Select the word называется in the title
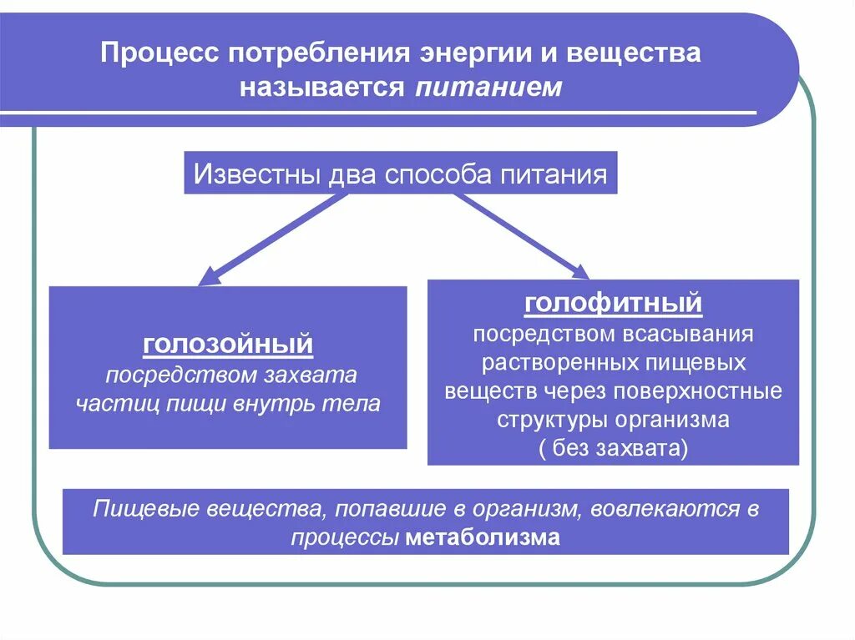point(322,87)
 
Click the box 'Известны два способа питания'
point(400,174)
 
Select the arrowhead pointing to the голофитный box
point(578,270)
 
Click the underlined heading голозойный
point(228,344)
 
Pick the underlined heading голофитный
point(613,304)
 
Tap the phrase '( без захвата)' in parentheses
point(613,448)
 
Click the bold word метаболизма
point(483,537)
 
